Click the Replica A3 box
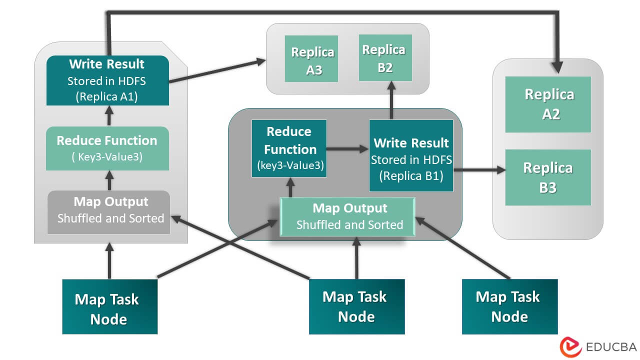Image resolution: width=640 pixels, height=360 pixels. [x=311, y=58]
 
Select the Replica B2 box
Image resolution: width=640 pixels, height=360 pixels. [x=385, y=57]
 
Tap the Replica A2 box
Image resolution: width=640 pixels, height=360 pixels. [x=548, y=104]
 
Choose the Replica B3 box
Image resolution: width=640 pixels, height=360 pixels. [x=548, y=177]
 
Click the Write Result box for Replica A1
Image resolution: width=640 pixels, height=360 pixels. [x=107, y=80]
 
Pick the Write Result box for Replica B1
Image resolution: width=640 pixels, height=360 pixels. [x=411, y=155]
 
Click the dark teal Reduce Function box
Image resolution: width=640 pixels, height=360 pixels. [x=289, y=148]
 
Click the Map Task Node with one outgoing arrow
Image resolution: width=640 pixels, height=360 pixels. [x=509, y=306]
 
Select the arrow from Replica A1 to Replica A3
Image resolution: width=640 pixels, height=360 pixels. [x=217, y=71]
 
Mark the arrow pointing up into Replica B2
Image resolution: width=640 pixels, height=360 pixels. [x=390, y=100]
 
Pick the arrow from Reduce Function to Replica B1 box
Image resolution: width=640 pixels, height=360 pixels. [x=348, y=149]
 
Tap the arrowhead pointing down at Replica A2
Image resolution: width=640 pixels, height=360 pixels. [x=557, y=65]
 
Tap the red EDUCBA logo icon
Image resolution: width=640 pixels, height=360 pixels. [x=570, y=346]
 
